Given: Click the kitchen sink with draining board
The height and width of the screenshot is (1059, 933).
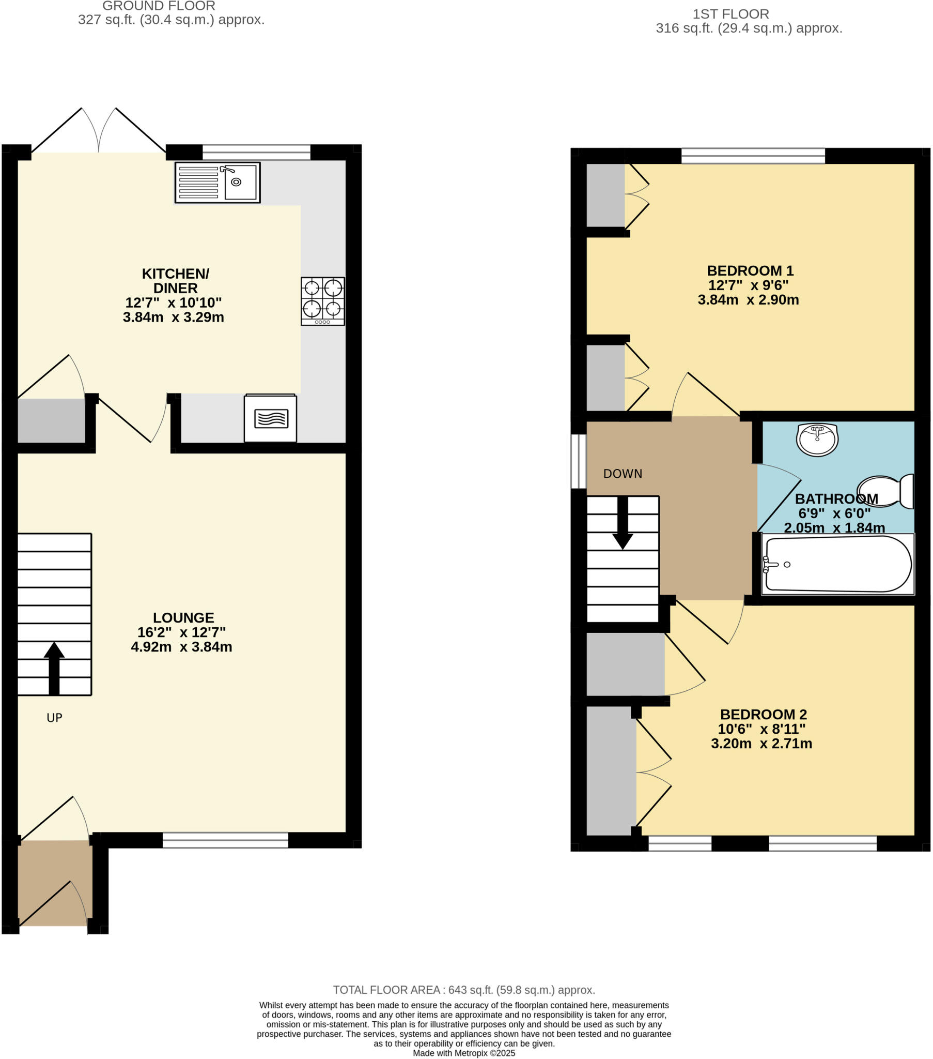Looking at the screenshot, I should pos(217,183).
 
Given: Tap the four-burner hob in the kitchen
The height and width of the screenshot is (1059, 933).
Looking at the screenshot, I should pos(322,301).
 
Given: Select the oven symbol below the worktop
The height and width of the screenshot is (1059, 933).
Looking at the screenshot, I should pos(270,419).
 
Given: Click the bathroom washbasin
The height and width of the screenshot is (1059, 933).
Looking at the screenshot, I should pos(817,440).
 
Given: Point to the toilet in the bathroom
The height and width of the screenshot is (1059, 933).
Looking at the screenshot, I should pos(886,491).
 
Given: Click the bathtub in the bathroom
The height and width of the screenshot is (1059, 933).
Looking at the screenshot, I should pos(837,564).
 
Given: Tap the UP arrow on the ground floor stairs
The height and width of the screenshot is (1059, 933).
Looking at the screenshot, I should pos(54,669).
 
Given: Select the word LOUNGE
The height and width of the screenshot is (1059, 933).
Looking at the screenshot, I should pos(183,617).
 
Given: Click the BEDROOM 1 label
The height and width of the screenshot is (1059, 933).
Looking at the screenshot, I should pos(750,270).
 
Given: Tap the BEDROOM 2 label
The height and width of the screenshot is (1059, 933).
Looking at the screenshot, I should pos(763,715).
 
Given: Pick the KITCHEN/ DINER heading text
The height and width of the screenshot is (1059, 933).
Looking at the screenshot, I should pos(176,280).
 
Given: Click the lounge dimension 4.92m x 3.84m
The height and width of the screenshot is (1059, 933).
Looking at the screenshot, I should pos(181,646).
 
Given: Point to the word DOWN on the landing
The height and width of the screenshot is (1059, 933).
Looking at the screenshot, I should pos(623,474).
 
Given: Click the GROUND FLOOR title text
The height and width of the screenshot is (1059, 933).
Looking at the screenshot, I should pos(159,6).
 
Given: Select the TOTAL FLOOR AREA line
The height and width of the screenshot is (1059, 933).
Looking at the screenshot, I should pos(464,990).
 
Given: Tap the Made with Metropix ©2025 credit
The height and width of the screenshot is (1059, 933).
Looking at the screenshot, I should pos(464,1053).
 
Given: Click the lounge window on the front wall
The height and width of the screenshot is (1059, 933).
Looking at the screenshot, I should pos(225,840).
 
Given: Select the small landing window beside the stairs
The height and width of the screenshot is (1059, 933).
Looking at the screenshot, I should pos(578,461).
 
